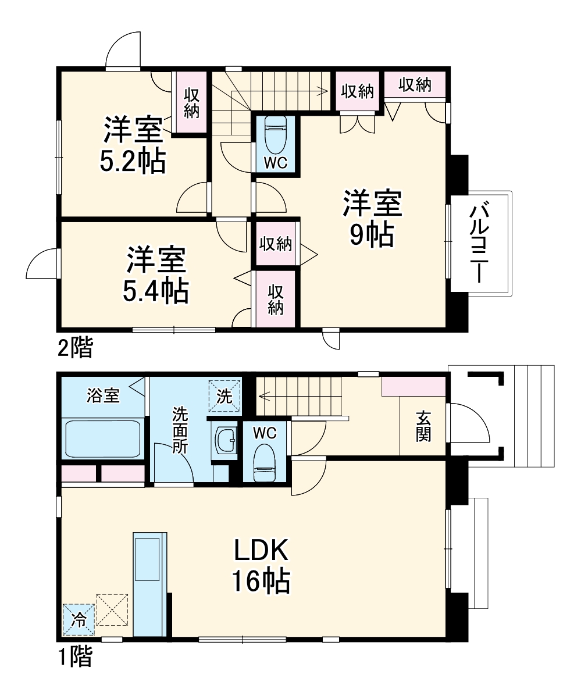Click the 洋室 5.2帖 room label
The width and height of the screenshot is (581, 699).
click(x=133, y=145)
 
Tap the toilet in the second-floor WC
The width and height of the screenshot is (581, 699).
click(x=275, y=136)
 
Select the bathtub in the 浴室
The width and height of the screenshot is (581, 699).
click(x=103, y=438)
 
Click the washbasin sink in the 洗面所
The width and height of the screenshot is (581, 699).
click(x=224, y=441)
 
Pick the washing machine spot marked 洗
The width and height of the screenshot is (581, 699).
click(x=224, y=396)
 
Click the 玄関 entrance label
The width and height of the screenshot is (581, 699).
click(x=423, y=426)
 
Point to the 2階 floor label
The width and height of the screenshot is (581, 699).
click(x=74, y=348)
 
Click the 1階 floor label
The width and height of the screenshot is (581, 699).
click(x=74, y=657)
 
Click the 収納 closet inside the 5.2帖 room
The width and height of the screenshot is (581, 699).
click(x=191, y=102)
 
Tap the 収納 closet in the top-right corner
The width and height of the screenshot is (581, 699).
click(x=415, y=85)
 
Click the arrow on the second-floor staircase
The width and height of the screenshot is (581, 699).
click(x=320, y=90)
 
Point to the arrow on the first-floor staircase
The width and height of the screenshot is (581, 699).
click(x=263, y=397)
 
